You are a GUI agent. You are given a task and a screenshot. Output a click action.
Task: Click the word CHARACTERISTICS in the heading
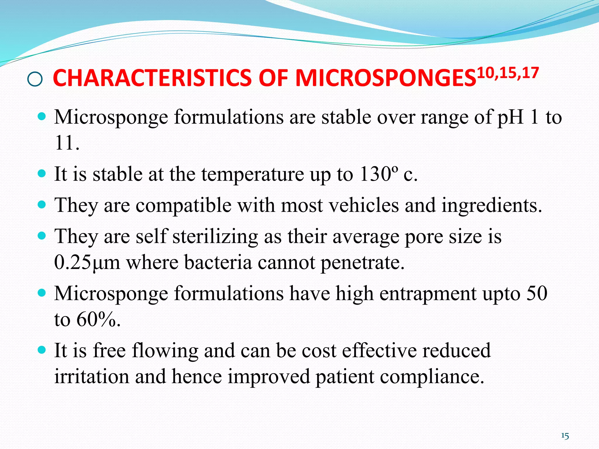[152, 78]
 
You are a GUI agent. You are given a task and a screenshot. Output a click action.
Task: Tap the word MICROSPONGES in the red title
[386, 78]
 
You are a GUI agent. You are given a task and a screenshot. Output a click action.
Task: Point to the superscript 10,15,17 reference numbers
[508, 73]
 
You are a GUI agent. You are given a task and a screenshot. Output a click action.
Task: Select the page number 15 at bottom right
[565, 436]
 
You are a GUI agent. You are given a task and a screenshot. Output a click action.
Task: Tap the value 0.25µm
[87, 262]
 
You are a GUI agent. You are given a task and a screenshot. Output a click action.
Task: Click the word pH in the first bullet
[510, 117]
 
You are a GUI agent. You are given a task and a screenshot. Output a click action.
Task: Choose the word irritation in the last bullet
[92, 376]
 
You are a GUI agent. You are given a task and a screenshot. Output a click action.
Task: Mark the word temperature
[253, 174]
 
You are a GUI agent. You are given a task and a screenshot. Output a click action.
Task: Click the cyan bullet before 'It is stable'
[42, 173]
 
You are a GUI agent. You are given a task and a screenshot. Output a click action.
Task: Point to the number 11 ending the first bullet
[63, 143]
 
